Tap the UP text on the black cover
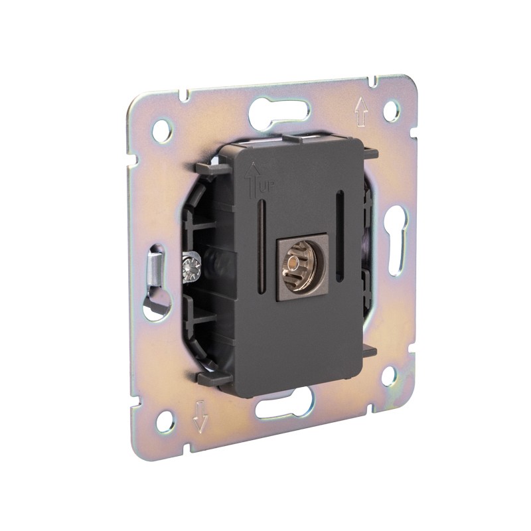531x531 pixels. [265, 188]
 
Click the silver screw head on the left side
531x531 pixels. [192, 268]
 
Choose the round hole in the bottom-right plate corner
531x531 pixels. [390, 374]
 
